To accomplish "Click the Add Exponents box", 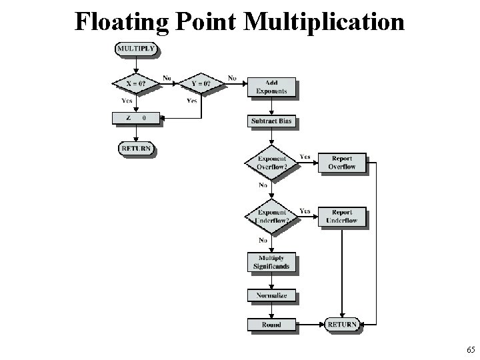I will pyautogui.click(x=271, y=87).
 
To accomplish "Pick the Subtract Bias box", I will pyautogui.click(x=271, y=121).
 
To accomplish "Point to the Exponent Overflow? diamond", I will pyautogui.click(x=271, y=162).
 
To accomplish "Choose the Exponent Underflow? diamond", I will pyautogui.click(x=271, y=217).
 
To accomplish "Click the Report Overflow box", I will pyautogui.click(x=342, y=163).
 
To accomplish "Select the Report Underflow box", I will pyautogui.click(x=342, y=217).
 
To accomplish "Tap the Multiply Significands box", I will pyautogui.click(x=271, y=263).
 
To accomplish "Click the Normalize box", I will pyautogui.click(x=271, y=295).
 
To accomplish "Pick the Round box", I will pyautogui.click(x=271, y=325).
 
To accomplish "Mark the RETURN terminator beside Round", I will pyautogui.click(x=342, y=325).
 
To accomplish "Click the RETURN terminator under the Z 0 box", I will pyautogui.click(x=136, y=147).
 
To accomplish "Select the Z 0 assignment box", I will pyautogui.click(x=136, y=119).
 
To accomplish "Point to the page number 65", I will pyautogui.click(x=471, y=349).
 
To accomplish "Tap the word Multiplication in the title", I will pyautogui.click(x=324, y=21).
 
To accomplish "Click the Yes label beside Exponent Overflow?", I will pyautogui.click(x=305, y=157).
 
